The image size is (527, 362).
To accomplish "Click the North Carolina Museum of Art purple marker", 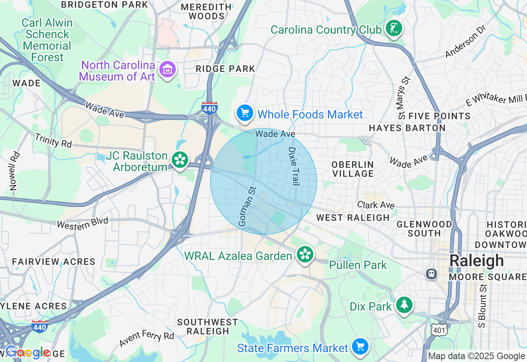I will [168, 70].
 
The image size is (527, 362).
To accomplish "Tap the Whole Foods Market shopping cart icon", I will [245, 112].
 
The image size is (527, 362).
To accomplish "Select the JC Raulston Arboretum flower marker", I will [180, 159].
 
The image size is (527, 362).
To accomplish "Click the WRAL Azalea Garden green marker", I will [305, 254].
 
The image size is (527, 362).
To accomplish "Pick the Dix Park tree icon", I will [405, 305].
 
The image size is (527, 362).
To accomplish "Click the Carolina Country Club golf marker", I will [394, 28].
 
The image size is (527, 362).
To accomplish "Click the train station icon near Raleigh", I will [431, 274].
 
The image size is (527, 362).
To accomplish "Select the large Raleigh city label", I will [476, 261].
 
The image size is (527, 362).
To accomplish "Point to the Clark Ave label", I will [376, 205].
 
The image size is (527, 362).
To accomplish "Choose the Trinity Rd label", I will [53, 141].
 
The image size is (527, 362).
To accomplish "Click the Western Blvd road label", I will [82, 223].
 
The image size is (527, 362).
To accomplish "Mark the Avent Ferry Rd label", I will [147, 338].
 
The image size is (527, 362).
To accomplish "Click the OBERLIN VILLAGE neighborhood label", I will [353, 169].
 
